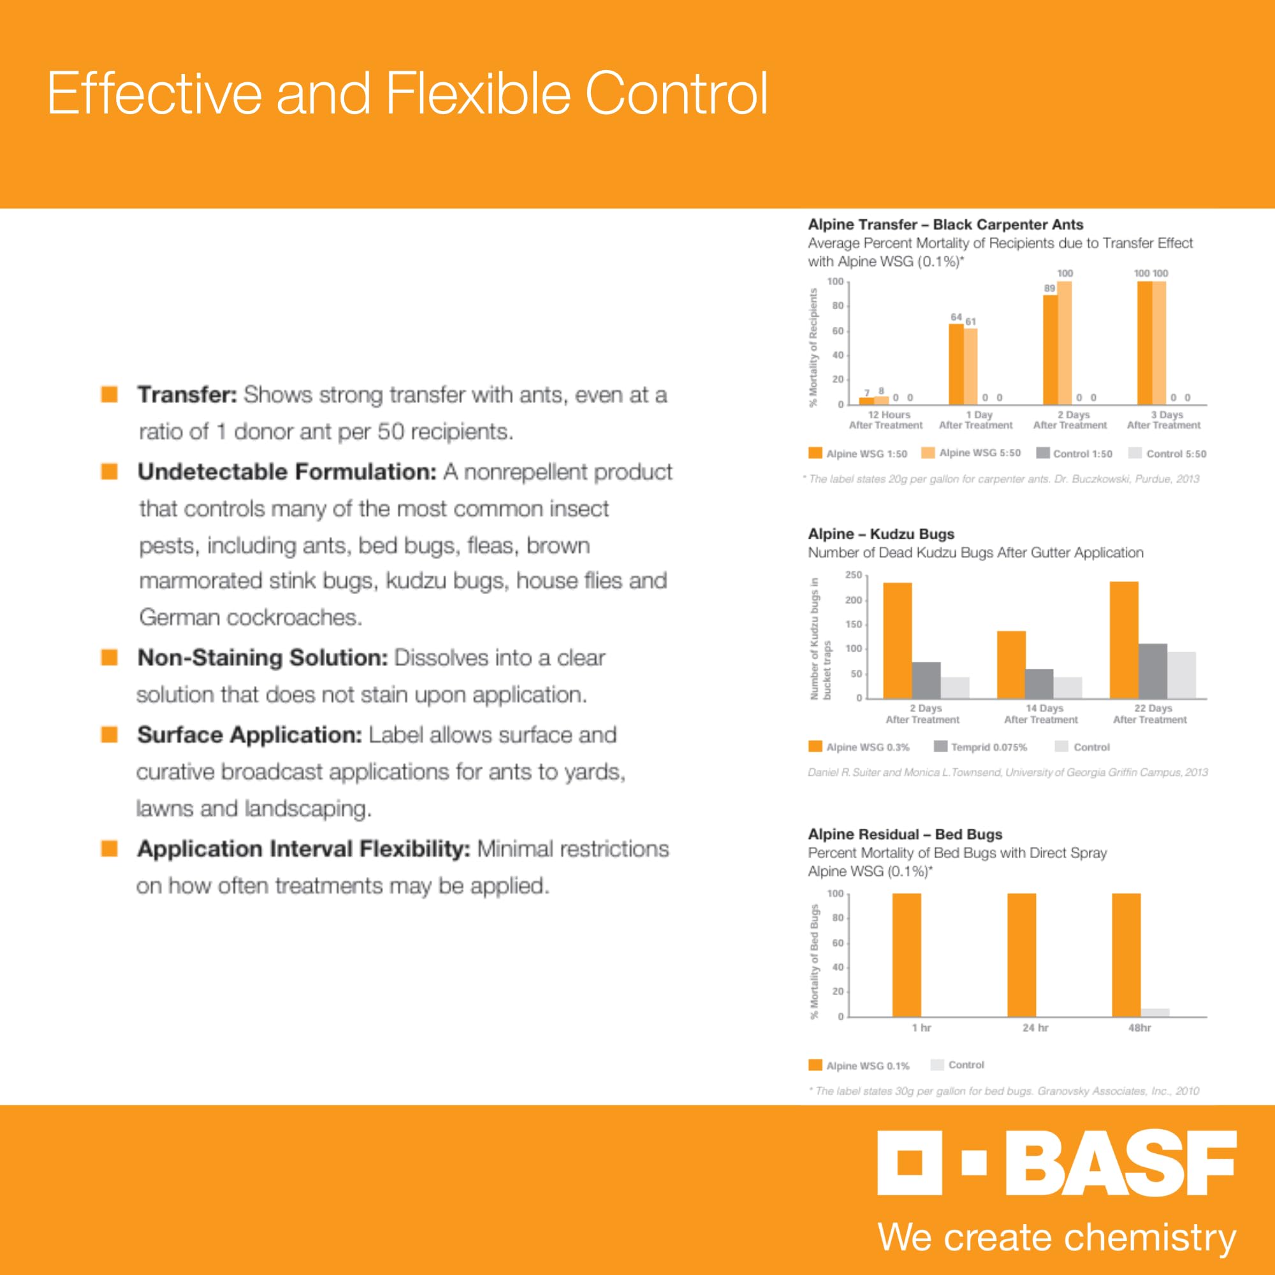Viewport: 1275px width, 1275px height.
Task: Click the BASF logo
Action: [x=1056, y=1163]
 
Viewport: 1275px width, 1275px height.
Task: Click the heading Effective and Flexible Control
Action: [x=407, y=94]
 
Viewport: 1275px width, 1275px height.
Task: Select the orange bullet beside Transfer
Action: [x=109, y=394]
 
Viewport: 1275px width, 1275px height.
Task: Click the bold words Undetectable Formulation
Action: [x=287, y=472]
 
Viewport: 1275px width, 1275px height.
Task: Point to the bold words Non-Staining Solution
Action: [x=262, y=657]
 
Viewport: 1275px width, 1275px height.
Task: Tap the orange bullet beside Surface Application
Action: [x=109, y=734]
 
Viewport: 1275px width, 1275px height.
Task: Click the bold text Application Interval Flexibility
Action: [x=303, y=849]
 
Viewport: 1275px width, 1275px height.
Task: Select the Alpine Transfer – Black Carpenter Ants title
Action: [x=945, y=224]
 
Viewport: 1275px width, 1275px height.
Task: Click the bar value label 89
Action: [x=1049, y=288]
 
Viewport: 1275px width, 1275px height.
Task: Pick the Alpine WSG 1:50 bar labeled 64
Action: [x=956, y=363]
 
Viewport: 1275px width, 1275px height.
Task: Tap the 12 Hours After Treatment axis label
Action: [x=885, y=419]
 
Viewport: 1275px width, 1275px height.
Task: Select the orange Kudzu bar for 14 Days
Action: [x=1011, y=664]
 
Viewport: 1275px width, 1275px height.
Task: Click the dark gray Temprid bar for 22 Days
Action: [x=1152, y=671]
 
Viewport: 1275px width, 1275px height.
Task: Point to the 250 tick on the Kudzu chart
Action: [x=854, y=576]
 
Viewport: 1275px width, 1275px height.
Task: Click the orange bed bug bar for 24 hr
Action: [x=1021, y=955]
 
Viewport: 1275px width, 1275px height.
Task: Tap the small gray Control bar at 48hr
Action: [x=1155, y=1012]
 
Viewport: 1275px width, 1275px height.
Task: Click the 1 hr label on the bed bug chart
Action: [x=921, y=1028]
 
